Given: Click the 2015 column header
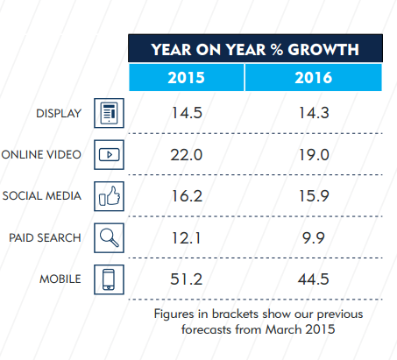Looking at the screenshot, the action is (186, 78).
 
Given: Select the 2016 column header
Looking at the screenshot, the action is (314, 78).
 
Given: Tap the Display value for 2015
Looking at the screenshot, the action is (187, 113).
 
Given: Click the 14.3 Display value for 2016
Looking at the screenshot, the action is (314, 113).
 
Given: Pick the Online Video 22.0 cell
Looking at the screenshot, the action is (187, 155).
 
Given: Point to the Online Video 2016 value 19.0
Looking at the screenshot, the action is (314, 155).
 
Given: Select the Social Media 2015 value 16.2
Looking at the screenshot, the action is (187, 196).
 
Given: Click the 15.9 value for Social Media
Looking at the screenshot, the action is (314, 196).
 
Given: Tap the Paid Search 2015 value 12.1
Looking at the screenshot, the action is (186, 238).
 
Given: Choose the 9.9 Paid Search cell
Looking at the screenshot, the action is (314, 238).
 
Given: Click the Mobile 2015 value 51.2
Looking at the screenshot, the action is (187, 279).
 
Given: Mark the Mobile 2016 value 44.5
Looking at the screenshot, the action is (314, 279).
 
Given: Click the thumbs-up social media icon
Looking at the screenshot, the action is (109, 196).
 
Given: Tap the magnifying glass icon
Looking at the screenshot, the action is (109, 238).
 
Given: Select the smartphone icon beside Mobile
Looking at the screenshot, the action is (109, 279).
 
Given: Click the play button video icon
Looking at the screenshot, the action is (109, 155).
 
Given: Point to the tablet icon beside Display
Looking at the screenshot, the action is (109, 113).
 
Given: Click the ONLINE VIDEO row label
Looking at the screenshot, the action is (41, 155).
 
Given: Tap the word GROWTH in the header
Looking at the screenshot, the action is (323, 50).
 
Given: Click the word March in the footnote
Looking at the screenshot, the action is (283, 329).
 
